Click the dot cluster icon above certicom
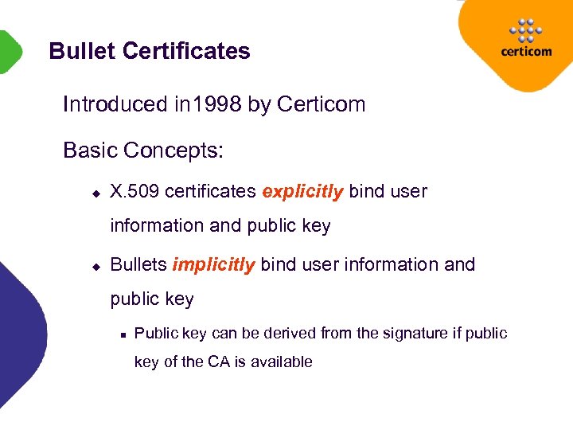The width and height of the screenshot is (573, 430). [524, 29]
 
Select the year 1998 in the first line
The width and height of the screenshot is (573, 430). [216, 104]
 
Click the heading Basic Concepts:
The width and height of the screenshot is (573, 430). [142, 150]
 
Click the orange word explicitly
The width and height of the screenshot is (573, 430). [302, 191]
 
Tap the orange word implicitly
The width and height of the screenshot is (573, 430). [213, 264]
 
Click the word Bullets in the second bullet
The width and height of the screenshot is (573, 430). [138, 264]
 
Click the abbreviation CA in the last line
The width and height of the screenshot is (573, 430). [218, 362]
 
